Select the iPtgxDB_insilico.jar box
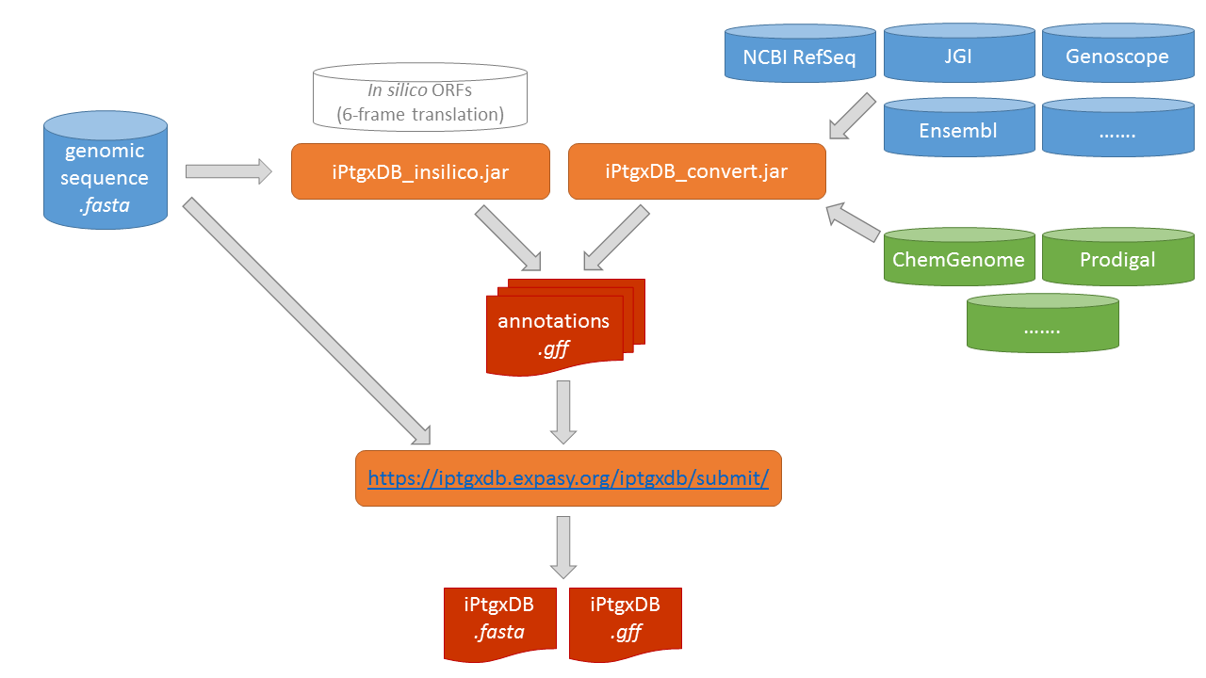pyautogui.click(x=420, y=171)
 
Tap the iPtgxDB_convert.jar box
pyautogui.click(x=697, y=171)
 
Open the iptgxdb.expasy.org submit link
pyautogui.click(x=568, y=478)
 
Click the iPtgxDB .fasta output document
pyautogui.click(x=499, y=622)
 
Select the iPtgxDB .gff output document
pyautogui.click(x=625, y=622)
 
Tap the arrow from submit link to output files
pyautogui.click(x=563, y=547)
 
